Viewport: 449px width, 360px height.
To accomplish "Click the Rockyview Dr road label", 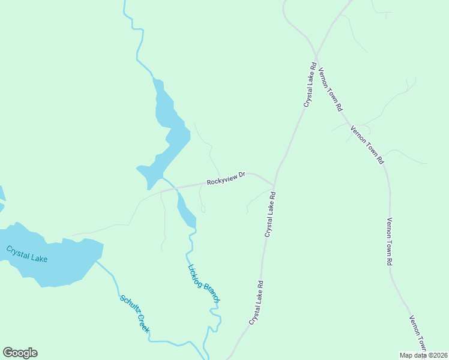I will point(226,178).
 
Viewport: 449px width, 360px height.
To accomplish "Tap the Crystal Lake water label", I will point(26,254).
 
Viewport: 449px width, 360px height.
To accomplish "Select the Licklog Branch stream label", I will point(204,283).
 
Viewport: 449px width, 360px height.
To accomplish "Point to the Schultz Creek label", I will point(134,314).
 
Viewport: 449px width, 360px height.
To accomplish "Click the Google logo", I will point(20,353).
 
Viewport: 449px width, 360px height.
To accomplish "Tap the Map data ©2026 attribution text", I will point(424,355).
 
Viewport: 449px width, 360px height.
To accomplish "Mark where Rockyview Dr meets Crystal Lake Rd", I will point(274,185).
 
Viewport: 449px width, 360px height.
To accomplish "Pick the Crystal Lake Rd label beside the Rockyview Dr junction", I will point(270,214).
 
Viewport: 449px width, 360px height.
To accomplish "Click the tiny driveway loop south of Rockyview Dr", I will point(203,209).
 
